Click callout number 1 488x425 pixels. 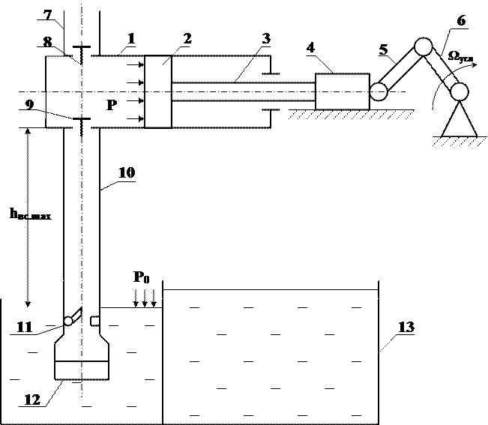point(132,38)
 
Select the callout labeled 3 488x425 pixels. point(267,39)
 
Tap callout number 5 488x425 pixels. point(385,50)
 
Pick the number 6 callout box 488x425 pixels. point(460,21)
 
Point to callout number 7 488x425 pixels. point(49,15)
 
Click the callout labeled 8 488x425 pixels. point(49,42)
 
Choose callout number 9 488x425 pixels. point(32,105)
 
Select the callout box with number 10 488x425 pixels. point(128,173)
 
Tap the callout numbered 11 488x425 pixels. point(27,328)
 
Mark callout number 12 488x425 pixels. point(34,399)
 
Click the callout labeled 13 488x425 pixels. point(409,328)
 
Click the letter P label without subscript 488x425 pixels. point(112,105)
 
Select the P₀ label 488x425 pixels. point(143,277)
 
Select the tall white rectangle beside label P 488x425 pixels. point(157,91)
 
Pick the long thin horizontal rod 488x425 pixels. point(243,91)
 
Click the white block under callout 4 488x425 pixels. point(342,91)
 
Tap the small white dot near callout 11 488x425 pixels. point(68,321)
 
